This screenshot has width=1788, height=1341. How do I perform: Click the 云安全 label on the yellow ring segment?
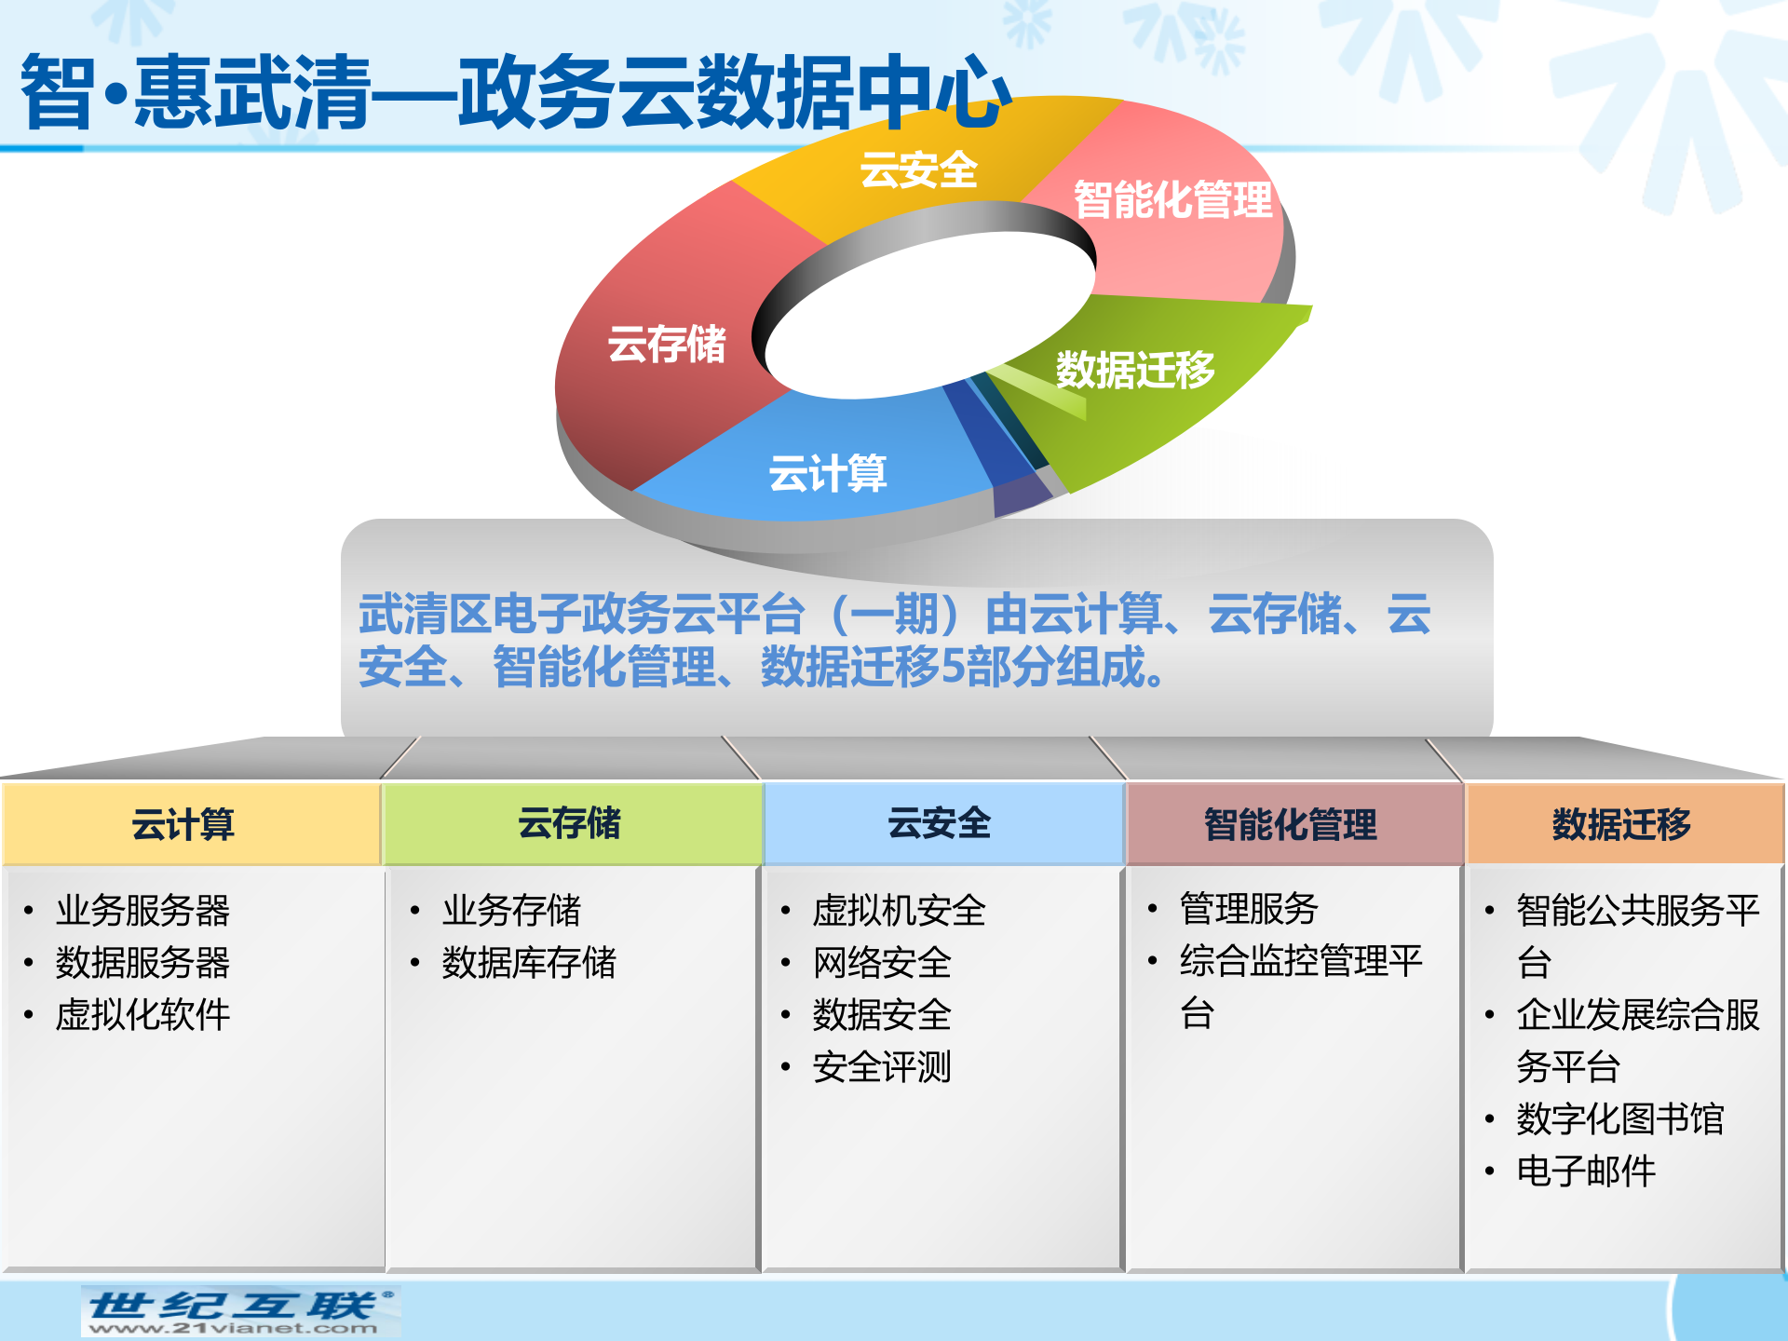[x=918, y=170]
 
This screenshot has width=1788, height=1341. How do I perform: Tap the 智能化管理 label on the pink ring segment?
[x=1172, y=199]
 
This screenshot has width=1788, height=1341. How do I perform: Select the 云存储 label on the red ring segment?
[x=667, y=345]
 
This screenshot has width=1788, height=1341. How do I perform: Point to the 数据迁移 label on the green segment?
[x=1135, y=370]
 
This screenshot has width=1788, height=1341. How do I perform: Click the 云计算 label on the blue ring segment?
[x=828, y=473]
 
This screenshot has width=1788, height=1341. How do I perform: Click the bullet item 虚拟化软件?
[x=142, y=1015]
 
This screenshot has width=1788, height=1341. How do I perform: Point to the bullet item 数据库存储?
[x=529, y=963]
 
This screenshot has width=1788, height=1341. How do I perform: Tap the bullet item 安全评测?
[x=882, y=1067]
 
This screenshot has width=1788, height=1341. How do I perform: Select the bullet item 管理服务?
[x=1249, y=908]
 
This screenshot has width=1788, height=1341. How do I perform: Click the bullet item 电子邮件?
[x=1586, y=1172]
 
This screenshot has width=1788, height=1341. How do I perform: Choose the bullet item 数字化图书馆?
[x=1620, y=1119]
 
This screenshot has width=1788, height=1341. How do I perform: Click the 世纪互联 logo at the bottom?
[x=241, y=1305]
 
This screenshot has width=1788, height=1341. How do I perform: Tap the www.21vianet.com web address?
[x=234, y=1329]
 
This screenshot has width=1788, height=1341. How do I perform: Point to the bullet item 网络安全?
[x=882, y=963]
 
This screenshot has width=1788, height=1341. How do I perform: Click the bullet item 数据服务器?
[x=142, y=963]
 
